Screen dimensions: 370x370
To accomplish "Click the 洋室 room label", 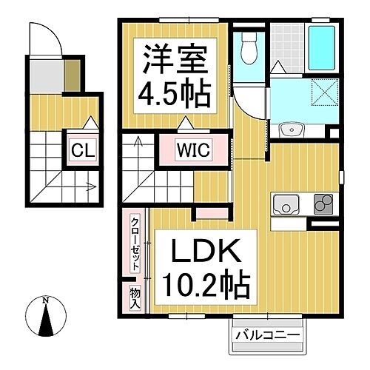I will (172, 56).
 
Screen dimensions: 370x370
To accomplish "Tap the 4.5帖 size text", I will (172, 94).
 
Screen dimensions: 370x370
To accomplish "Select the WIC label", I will (194, 150).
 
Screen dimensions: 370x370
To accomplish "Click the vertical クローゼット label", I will (135, 245).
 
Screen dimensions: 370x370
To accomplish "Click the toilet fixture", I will (249, 50).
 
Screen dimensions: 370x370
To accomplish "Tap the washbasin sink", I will (289, 131).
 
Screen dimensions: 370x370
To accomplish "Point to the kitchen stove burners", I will (323, 203).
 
